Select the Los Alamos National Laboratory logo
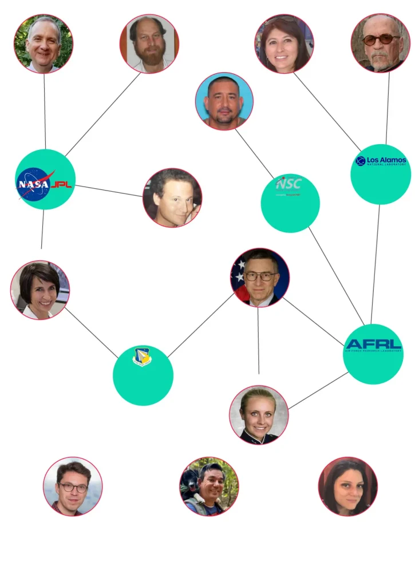pos(381,161)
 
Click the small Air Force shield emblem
pos(142,357)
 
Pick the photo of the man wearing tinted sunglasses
pos(381,43)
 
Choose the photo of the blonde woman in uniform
pos(259,414)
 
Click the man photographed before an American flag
pos(260,278)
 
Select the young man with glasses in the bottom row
pos(73,486)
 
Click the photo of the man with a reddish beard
pos(149,43)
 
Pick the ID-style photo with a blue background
pos(224,101)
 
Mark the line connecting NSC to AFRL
pos(336,275)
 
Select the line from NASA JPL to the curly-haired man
pos(109,189)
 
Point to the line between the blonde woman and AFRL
pos(318,390)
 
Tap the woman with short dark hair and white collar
pos(40,290)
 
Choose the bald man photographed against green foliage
pos(44,43)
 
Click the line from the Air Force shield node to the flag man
pos(200,325)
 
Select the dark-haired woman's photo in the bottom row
pos(347,486)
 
